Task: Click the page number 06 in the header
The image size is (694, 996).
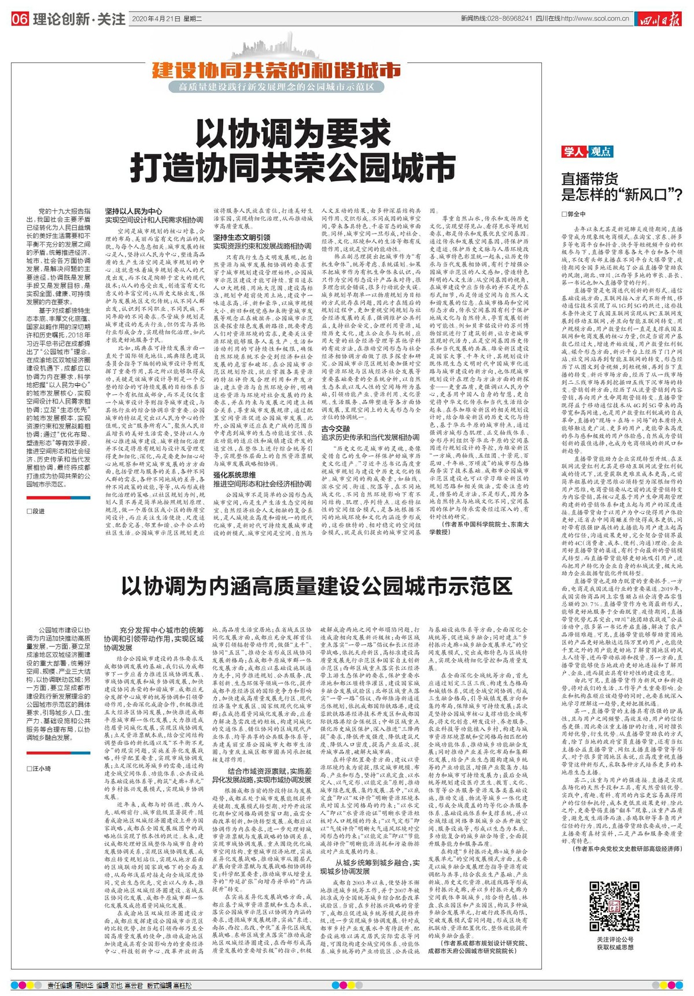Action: (x=20, y=19)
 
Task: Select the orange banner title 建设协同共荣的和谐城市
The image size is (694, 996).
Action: (x=276, y=71)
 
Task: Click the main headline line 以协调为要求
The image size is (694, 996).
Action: (x=293, y=135)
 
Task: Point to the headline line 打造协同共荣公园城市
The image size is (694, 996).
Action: (x=293, y=168)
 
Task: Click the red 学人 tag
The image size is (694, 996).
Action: (x=574, y=151)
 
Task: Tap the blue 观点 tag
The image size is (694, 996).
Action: (x=600, y=151)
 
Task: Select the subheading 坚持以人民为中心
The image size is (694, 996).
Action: (x=134, y=211)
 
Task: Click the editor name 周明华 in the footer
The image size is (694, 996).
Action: (x=87, y=984)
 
